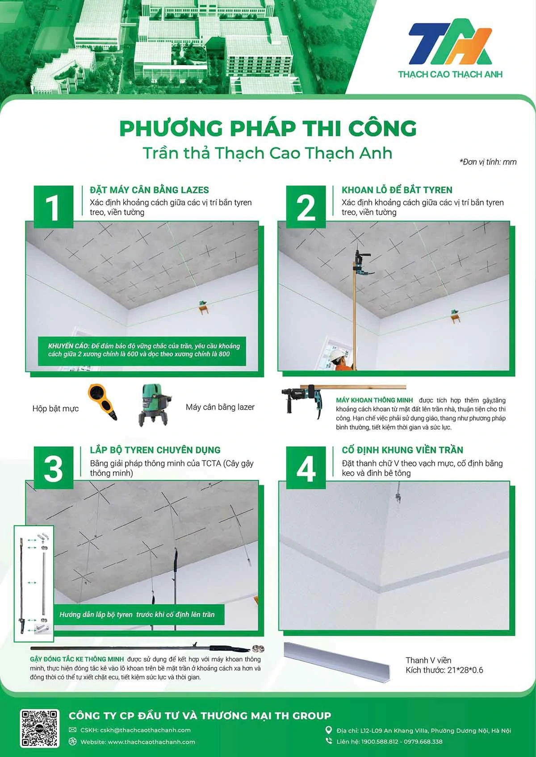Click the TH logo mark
point(450,42)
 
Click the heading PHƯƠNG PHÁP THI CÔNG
point(268,129)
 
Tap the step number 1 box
point(54,207)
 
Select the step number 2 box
point(306,207)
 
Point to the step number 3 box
point(54,468)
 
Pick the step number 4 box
point(306,468)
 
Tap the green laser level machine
point(154,404)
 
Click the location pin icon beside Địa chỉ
point(328,730)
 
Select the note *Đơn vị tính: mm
point(488,162)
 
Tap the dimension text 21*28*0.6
point(465,670)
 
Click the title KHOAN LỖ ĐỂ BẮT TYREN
point(397,190)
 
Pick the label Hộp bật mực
point(55,408)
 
